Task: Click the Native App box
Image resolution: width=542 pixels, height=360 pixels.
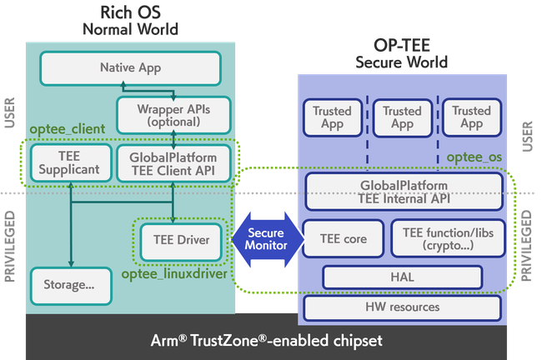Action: coord(130,66)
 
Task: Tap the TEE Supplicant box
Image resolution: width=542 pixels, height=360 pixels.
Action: coord(68,162)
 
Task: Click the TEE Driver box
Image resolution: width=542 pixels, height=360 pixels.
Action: coord(181,240)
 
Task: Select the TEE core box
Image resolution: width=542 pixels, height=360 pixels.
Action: coord(343,239)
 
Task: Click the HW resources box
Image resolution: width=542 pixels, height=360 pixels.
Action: coord(403,307)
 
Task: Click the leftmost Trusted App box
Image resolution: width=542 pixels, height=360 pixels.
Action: coord(332,117)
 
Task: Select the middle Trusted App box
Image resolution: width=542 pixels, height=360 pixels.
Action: coord(402,117)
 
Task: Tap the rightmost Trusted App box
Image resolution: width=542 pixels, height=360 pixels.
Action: coord(471,117)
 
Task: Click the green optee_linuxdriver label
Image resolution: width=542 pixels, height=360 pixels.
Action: coord(174,274)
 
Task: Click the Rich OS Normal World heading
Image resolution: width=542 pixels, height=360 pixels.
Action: coord(130,20)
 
